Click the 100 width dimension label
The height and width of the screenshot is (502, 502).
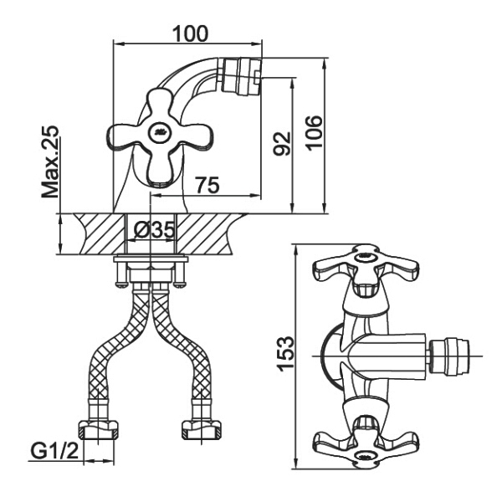tap(190, 33)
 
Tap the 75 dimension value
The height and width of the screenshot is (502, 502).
tap(207, 185)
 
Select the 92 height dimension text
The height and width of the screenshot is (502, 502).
tap(282, 143)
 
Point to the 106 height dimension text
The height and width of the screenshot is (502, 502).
tap(314, 132)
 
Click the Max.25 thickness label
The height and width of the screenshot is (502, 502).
tap(50, 161)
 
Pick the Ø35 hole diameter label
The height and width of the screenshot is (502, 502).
tap(154, 230)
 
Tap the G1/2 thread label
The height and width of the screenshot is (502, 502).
tap(54, 452)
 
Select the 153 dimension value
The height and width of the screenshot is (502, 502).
tap(285, 354)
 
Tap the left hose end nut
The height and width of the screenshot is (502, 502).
tap(98, 430)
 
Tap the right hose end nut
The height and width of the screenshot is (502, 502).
tap(202, 430)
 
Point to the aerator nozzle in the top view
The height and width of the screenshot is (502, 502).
tap(449, 356)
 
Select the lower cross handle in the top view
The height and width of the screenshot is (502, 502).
tap(366, 443)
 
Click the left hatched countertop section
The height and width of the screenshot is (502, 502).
tap(100, 233)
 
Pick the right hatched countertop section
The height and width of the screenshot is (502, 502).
tap(208, 233)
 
